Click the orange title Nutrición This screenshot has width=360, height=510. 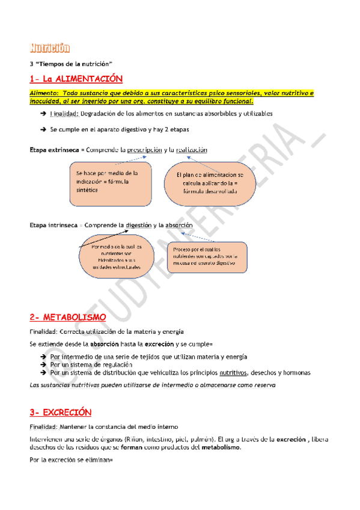[49, 48]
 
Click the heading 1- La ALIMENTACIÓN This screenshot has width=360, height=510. [76, 79]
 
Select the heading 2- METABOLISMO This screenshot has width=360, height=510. [68, 317]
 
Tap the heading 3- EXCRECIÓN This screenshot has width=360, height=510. [60, 413]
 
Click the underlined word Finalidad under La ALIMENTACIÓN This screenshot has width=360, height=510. [64, 114]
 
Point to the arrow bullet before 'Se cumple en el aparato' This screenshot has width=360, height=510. [43, 129]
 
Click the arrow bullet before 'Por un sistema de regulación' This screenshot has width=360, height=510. [43, 364]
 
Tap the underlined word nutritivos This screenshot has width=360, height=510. [232, 373]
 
